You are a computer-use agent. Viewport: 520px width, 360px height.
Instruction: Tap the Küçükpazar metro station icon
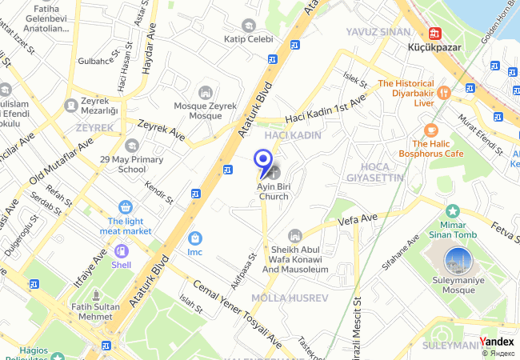click(436, 34)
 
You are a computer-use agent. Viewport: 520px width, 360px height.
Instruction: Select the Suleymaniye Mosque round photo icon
click(458, 261)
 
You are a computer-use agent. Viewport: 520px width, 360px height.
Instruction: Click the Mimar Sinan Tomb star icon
click(453, 212)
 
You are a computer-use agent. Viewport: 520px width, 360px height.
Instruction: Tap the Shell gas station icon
click(121, 250)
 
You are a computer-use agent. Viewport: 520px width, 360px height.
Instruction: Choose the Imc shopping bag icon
click(194, 238)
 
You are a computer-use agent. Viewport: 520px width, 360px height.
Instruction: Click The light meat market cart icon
click(125, 206)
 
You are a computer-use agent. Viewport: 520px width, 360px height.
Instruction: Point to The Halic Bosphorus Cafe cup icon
click(431, 130)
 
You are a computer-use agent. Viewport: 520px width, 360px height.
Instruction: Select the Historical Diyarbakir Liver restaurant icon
click(445, 93)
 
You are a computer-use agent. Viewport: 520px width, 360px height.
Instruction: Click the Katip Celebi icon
click(249, 25)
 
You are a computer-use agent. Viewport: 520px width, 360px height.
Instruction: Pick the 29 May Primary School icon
click(131, 145)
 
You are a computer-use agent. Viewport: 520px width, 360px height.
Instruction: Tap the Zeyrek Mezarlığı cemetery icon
click(71, 103)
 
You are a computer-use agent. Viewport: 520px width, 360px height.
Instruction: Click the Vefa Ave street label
click(357, 218)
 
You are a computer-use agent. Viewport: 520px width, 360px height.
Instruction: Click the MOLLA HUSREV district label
click(289, 298)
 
